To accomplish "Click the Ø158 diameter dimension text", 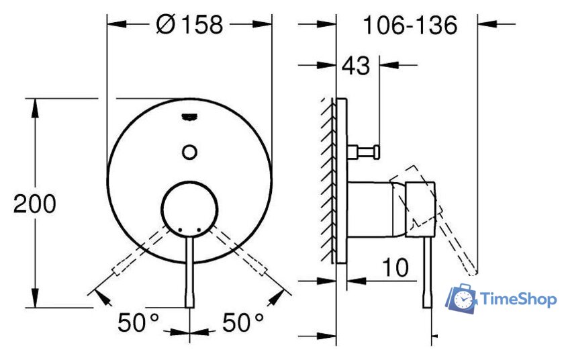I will (189, 25).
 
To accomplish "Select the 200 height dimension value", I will (35, 204).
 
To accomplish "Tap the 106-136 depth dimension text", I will (410, 26).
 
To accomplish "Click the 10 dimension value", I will (396, 267).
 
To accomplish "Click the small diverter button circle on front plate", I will (190, 151).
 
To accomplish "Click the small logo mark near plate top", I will (190, 116).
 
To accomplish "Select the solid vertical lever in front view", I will (190, 275).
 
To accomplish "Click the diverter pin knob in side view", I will (365, 149).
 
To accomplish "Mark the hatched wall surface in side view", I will (329, 181).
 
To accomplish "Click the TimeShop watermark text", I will (518, 299).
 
